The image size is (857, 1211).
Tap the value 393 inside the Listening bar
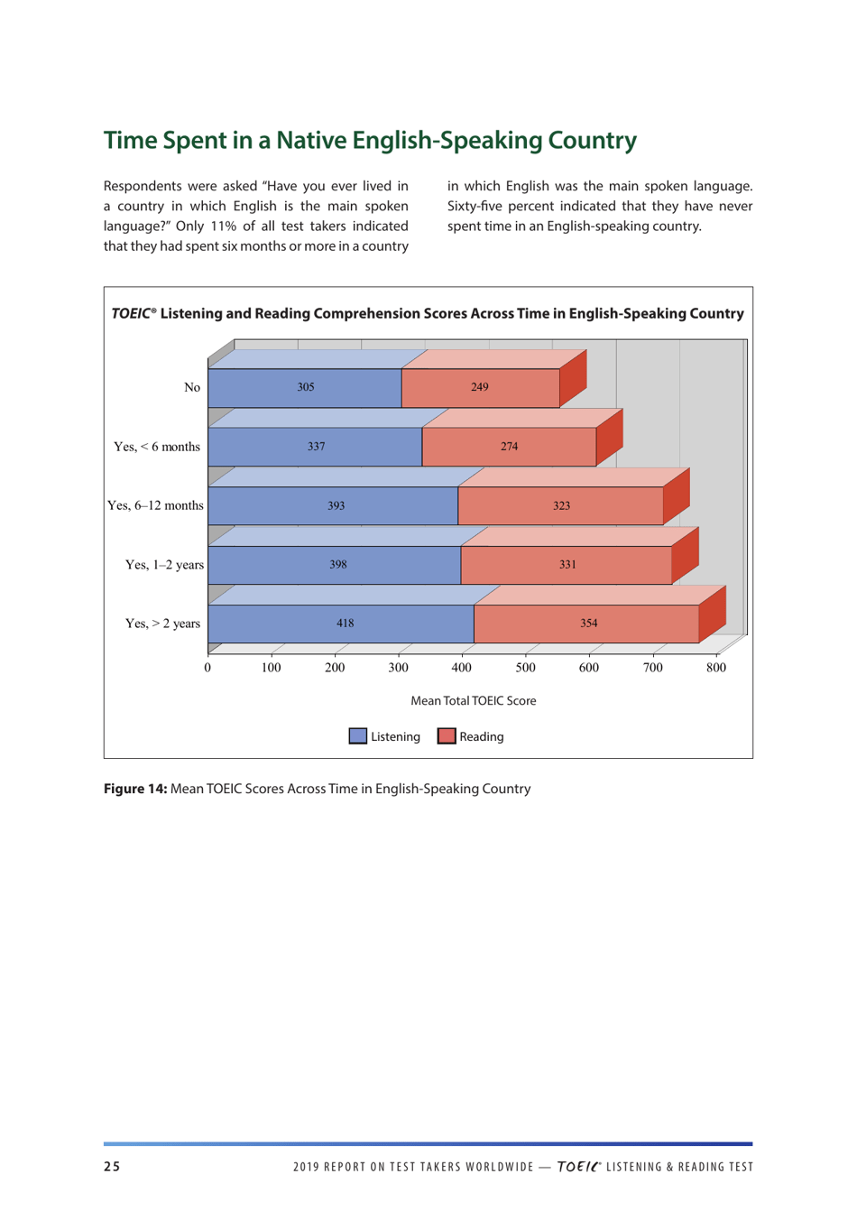tap(336, 506)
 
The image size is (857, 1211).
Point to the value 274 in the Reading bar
tap(509, 447)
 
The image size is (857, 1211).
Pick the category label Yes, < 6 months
tap(157, 447)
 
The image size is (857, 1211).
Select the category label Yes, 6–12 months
tap(155, 505)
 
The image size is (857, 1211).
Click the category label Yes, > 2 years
tap(162, 624)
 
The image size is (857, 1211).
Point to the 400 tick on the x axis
tap(461, 668)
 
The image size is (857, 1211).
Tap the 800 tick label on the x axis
tap(715, 668)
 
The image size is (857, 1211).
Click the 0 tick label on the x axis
tap(207, 668)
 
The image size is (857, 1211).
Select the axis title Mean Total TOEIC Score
tap(473, 701)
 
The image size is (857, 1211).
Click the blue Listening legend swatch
tap(358, 736)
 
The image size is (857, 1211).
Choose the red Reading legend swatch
tap(447, 736)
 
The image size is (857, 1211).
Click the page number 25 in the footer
tap(112, 1167)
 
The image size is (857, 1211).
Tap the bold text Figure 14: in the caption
tap(135, 789)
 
